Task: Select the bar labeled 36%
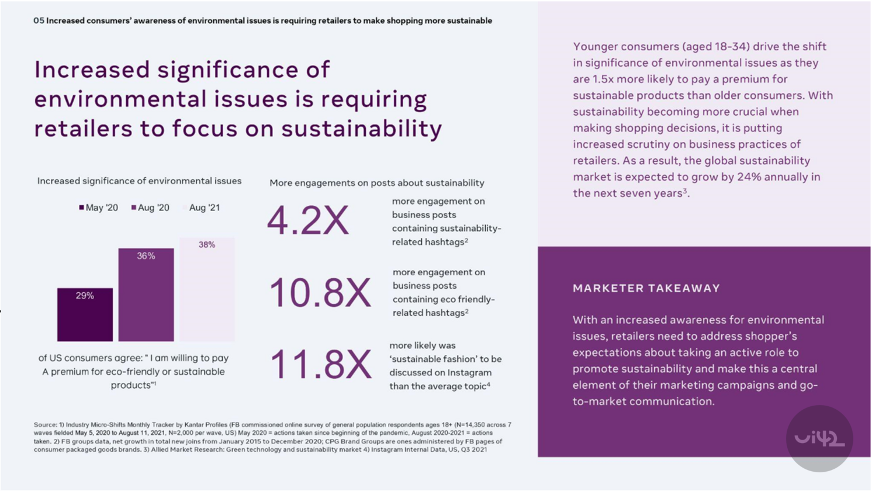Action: pyautogui.click(x=146, y=295)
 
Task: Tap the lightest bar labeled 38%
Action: pyautogui.click(x=207, y=289)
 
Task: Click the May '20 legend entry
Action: pyautogui.click(x=98, y=208)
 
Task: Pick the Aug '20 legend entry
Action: pyautogui.click(x=150, y=208)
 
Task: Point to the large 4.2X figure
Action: pyautogui.click(x=307, y=222)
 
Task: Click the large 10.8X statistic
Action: pyautogui.click(x=320, y=293)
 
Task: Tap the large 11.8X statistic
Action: pyautogui.click(x=320, y=365)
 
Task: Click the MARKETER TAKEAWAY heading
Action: pyautogui.click(x=646, y=288)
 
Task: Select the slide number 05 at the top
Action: pyautogui.click(x=39, y=20)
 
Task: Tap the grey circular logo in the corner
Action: pyautogui.click(x=819, y=438)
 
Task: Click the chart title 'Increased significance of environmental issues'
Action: pyautogui.click(x=139, y=181)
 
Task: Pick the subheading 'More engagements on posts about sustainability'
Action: pyautogui.click(x=376, y=183)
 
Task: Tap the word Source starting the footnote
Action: pyautogui.click(x=44, y=425)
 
